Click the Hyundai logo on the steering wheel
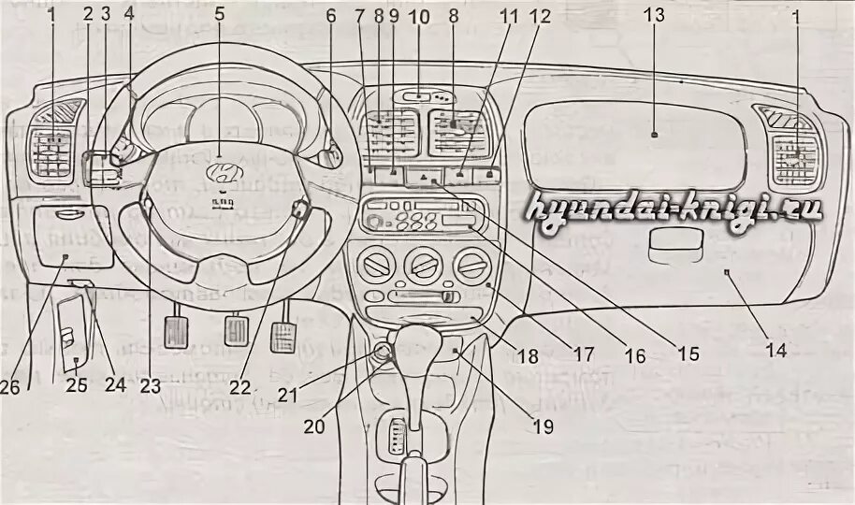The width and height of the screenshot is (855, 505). pos(222,171)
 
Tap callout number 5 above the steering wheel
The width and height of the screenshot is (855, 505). pos(220,14)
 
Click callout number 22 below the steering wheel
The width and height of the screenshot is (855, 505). pos(242,386)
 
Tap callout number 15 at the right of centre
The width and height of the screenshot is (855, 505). pos(688,355)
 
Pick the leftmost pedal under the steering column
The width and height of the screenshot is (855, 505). pos(176,333)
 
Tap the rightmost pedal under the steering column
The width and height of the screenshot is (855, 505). pos(284,335)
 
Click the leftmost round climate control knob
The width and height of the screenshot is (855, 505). pos(380,265)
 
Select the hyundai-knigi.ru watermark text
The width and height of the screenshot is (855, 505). pos(674,209)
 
